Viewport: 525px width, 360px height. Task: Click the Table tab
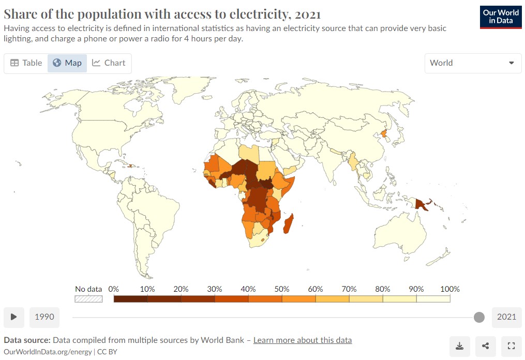26,63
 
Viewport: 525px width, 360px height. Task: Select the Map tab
67,63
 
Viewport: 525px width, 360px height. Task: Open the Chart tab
109,63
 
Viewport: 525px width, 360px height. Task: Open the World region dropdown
473,63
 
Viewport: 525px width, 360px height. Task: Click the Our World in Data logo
501,17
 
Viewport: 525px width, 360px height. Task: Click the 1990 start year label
44,317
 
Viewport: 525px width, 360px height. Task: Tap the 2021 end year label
506,317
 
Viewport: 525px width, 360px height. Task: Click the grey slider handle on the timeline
479,317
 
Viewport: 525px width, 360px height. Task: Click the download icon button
459,346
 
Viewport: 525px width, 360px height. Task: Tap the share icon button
485,346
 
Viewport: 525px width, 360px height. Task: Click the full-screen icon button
511,346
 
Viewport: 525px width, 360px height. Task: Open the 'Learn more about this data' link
303,340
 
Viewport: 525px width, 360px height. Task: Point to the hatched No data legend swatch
88,299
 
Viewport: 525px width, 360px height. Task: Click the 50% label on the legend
282,289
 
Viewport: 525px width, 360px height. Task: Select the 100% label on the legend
449,289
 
